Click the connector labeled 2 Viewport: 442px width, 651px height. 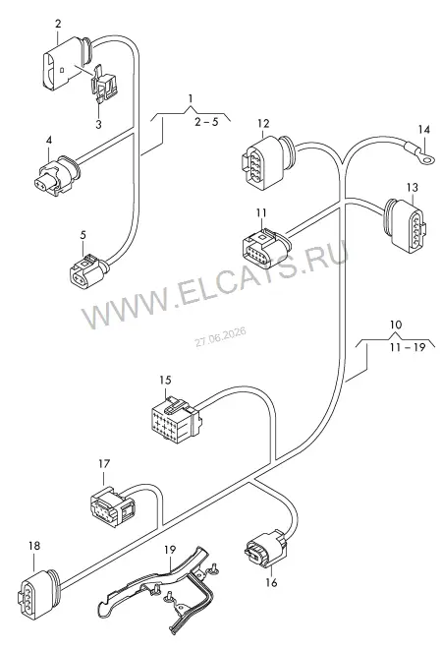67,62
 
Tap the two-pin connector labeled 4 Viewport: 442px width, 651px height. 57,176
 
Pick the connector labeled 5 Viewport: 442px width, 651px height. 88,269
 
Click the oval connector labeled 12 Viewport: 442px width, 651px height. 267,163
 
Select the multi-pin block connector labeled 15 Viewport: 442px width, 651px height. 175,417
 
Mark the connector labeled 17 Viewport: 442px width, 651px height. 112,504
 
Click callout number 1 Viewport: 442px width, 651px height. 191,98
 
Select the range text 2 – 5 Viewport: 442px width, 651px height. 206,122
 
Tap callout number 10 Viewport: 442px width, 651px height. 396,325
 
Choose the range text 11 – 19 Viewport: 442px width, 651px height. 408,347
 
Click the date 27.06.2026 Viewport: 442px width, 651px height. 221,336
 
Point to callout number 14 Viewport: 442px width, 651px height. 423,130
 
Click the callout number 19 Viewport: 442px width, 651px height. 170,550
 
